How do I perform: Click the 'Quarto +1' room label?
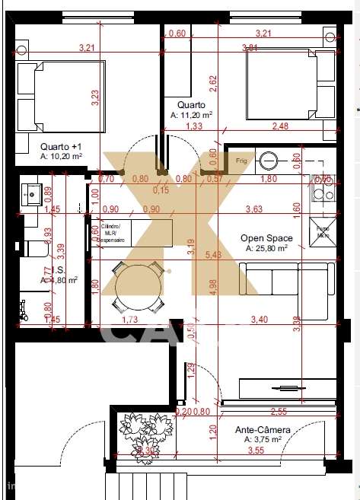click(60, 145)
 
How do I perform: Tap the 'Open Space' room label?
click(263, 237)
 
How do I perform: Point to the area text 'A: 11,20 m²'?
click(191, 116)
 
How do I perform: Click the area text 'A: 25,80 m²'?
click(266, 249)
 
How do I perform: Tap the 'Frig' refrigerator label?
click(242, 161)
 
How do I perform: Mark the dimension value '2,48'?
click(280, 127)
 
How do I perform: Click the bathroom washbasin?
click(32, 193)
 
